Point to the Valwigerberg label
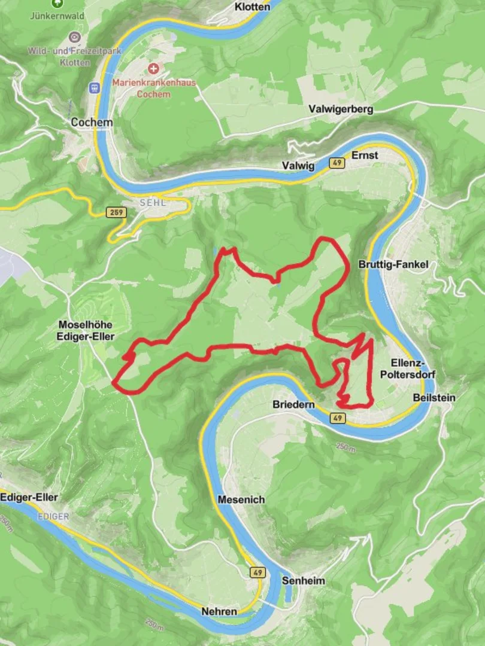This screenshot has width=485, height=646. pyautogui.click(x=341, y=109)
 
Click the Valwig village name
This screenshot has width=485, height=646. pyautogui.click(x=298, y=166)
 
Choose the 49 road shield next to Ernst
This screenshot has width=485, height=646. pyautogui.click(x=337, y=163)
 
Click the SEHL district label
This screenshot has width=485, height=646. pyautogui.click(x=152, y=203)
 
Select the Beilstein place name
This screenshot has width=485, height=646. pyautogui.click(x=434, y=398)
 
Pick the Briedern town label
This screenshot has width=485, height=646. pyautogui.click(x=293, y=405)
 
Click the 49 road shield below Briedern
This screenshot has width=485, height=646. pyautogui.click(x=338, y=418)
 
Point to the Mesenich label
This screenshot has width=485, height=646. pyautogui.click(x=241, y=499)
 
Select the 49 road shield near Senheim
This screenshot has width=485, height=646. pyautogui.click(x=257, y=572)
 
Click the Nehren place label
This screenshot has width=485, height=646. pyautogui.click(x=219, y=611)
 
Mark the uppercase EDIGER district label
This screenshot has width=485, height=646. pyautogui.click(x=52, y=516)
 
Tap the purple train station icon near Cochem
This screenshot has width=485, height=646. pyautogui.click(x=94, y=87)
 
